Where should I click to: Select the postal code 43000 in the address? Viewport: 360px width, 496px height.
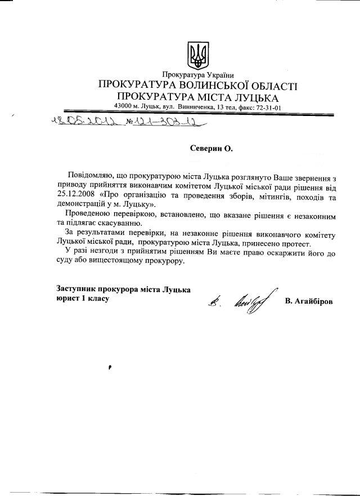123,106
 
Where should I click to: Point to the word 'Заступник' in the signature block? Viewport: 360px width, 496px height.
79,289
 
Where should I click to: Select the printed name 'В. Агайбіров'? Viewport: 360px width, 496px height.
308,302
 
